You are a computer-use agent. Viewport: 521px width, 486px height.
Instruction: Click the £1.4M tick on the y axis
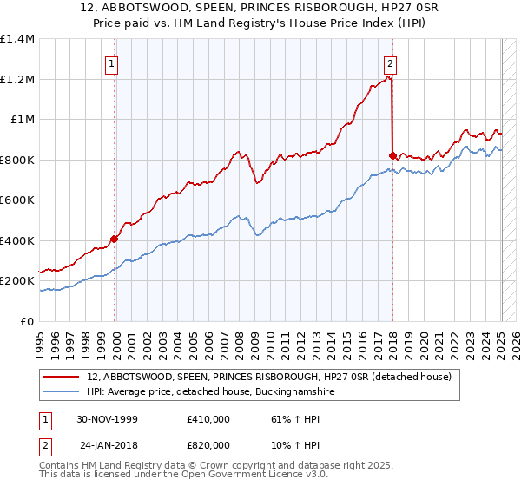pos(17,39)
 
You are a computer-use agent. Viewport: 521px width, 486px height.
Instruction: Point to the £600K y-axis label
pos(17,200)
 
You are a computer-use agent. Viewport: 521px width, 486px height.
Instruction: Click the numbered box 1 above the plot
pos(114,62)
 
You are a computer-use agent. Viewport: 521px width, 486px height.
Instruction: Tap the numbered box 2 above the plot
pos(391,62)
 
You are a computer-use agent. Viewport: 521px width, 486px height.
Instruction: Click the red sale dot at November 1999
pos(115,239)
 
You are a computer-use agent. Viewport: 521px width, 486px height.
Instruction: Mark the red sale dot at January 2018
pos(392,156)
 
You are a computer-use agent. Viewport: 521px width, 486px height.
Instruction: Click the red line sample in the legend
pos(62,378)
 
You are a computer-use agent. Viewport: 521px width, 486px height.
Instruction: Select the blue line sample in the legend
pos(62,392)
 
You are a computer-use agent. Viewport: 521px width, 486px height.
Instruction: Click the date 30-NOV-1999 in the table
pos(108,418)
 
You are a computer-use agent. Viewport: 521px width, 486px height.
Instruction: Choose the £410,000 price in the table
pos(208,418)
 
